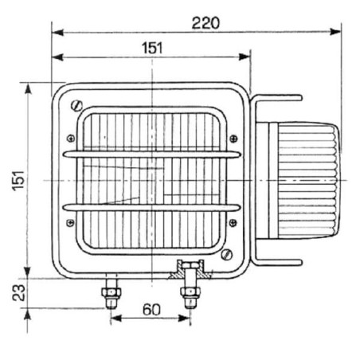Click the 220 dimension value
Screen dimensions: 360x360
[205, 23]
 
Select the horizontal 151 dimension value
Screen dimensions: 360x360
[152, 48]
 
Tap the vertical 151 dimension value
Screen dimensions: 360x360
[18, 181]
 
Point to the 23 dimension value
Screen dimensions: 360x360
[18, 293]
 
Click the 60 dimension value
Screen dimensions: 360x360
[151, 310]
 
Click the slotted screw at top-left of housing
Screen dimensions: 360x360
[76, 106]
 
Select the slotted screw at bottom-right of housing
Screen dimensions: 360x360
[227, 255]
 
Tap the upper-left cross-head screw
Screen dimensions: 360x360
[71, 139]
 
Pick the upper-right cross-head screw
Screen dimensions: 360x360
[233, 139]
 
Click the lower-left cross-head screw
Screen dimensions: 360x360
[70, 222]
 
